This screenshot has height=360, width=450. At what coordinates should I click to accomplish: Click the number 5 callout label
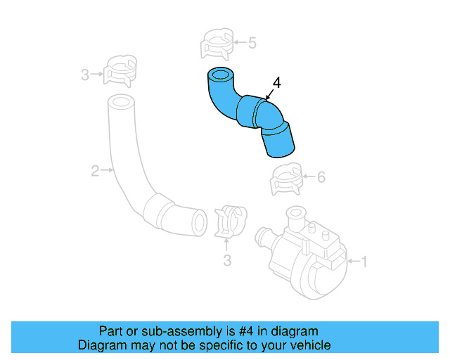pyautogui.click(x=252, y=43)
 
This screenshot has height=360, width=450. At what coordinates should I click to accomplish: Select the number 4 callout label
pyautogui.click(x=276, y=83)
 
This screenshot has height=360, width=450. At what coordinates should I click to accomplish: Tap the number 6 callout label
pyautogui.click(x=321, y=177)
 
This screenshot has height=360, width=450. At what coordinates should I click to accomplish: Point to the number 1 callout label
pyautogui.click(x=363, y=262)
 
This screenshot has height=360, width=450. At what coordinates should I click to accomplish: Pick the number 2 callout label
pyautogui.click(x=94, y=169)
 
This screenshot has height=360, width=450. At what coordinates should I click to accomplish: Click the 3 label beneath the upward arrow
pyautogui.click(x=227, y=261)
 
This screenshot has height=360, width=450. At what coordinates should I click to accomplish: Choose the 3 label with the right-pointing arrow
pyautogui.click(x=85, y=74)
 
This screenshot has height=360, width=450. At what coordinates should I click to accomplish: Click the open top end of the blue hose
pyautogui.click(x=220, y=75)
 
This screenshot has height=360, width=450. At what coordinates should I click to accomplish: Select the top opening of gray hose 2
pyautogui.click(x=121, y=102)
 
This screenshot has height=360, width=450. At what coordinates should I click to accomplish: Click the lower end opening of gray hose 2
pyautogui.click(x=199, y=221)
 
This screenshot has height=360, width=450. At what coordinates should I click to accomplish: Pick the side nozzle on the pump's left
pyautogui.click(x=264, y=236)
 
